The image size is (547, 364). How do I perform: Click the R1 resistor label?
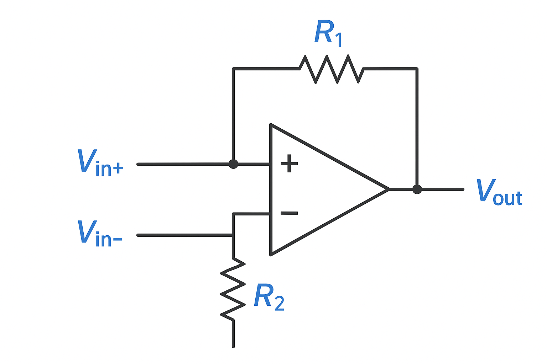[328, 33]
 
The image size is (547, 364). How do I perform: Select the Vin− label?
[100, 233]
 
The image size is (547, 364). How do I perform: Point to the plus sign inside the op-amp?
[289, 164]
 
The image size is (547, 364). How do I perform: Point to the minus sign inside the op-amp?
[289, 213]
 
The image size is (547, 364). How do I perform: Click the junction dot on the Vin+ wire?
[233, 164]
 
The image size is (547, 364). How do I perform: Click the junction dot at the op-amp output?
[417, 189]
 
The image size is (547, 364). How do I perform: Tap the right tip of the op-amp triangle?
[388, 189]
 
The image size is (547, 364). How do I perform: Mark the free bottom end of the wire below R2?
[233, 346]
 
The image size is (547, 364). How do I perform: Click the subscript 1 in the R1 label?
[338, 39]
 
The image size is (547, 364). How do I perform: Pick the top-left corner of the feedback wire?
[233, 69]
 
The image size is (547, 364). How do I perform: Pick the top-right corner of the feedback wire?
[417, 69]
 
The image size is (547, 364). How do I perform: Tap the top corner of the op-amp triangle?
[271, 125]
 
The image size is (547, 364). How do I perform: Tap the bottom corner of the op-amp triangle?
[271, 254]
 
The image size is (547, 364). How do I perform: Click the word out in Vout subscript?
[508, 198]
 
